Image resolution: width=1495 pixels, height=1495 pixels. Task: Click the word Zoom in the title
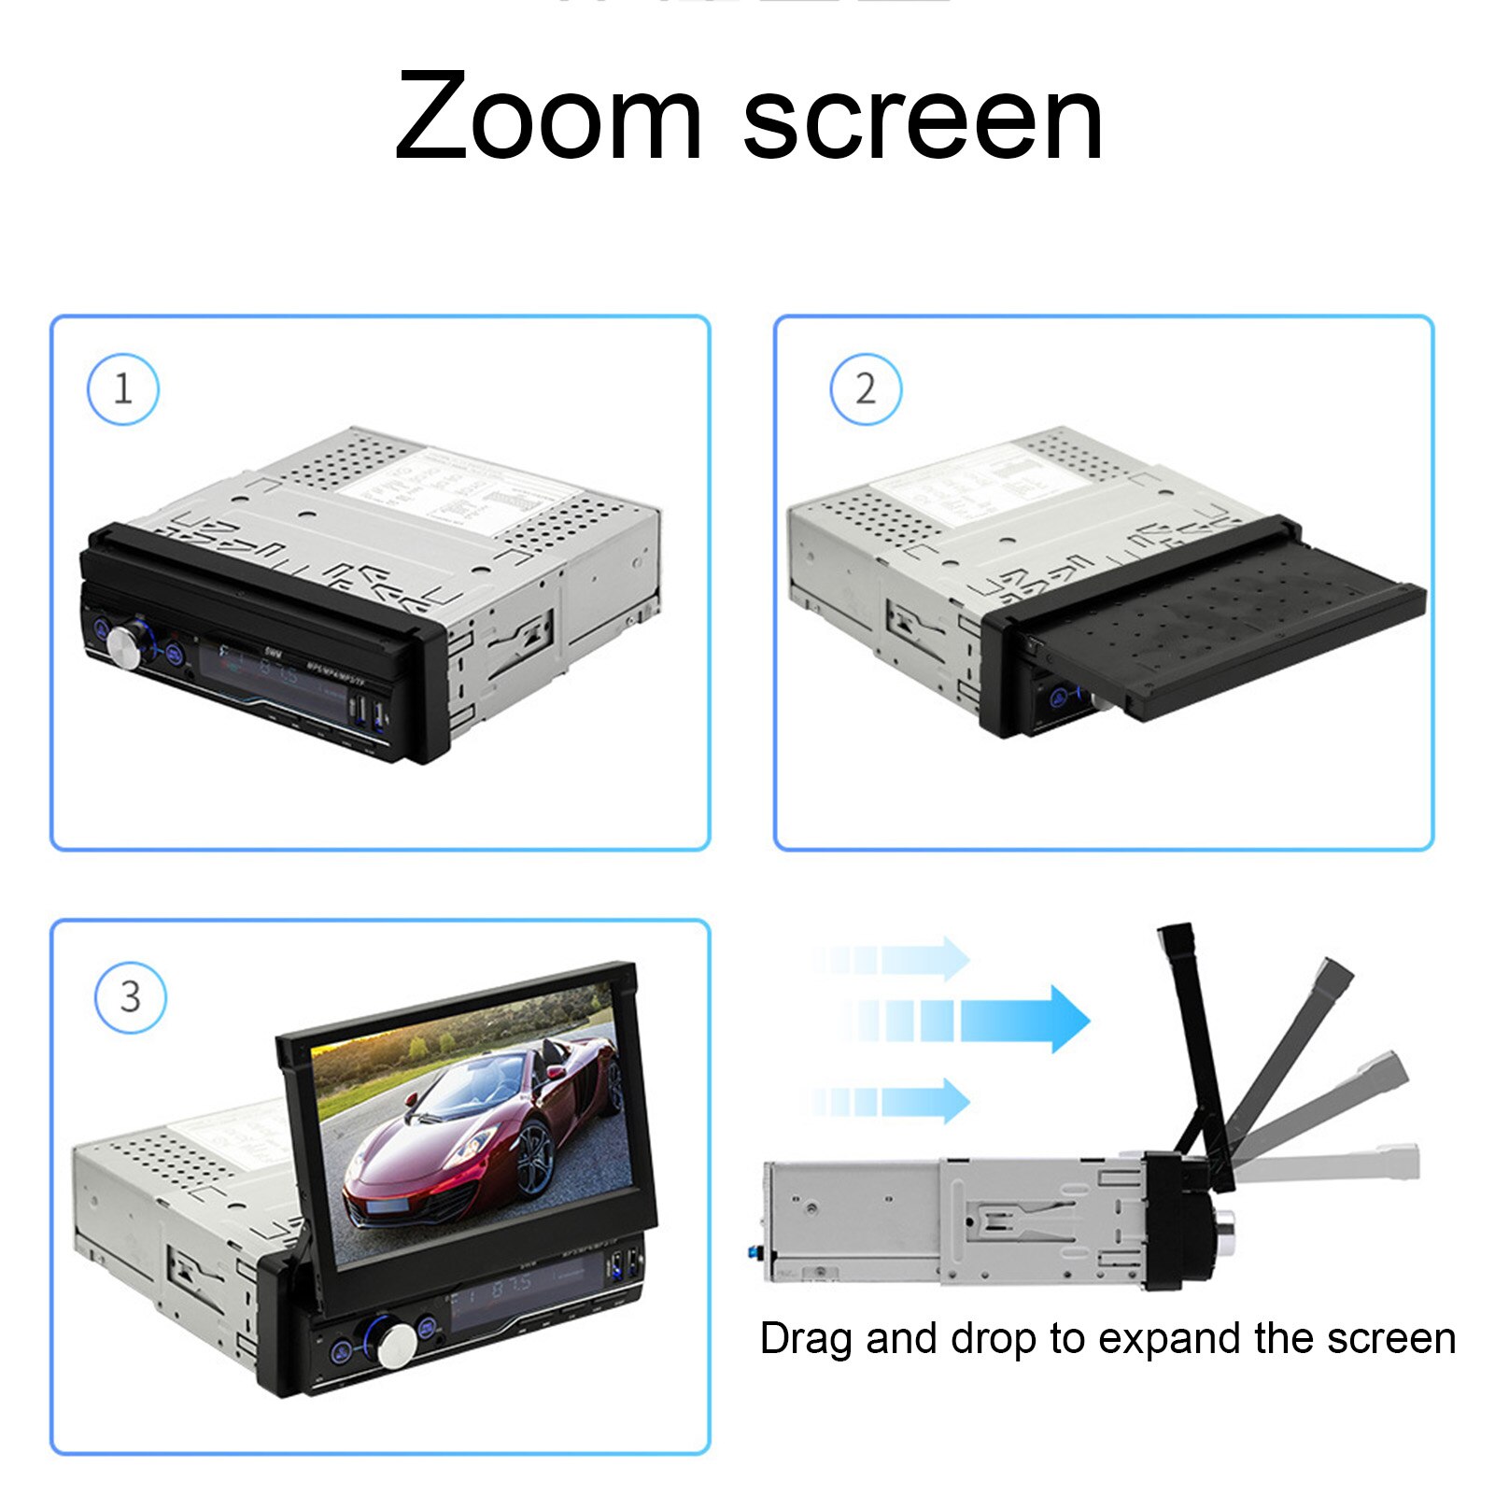(x=548, y=119)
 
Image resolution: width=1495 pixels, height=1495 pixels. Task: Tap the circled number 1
(x=122, y=389)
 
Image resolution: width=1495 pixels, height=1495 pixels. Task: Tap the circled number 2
(x=866, y=389)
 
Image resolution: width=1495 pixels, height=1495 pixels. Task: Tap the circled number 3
(x=131, y=997)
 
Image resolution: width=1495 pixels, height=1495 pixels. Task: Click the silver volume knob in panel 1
(x=123, y=648)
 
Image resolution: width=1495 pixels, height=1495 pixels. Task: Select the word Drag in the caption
(x=806, y=1339)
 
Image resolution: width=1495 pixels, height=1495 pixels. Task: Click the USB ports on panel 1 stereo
(x=367, y=713)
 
